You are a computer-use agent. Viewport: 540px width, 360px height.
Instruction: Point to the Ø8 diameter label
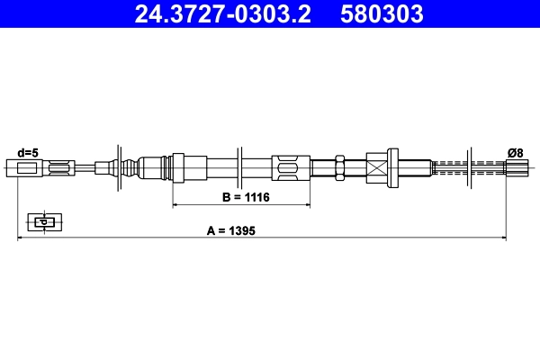coord(516,153)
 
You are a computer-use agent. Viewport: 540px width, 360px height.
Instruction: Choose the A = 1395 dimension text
coord(231,230)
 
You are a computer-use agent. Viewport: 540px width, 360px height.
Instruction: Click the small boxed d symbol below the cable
coord(41,220)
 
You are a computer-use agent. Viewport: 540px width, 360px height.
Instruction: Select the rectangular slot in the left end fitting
coord(60,166)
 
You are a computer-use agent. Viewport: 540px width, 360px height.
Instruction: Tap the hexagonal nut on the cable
coord(340,166)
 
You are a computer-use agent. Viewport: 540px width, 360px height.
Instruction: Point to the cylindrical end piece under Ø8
coord(516,166)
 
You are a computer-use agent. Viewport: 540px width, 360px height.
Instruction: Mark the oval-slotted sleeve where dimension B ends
coord(290,166)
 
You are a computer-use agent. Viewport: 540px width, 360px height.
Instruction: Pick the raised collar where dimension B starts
coord(177,166)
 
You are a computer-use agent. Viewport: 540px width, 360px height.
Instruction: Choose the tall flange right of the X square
coord(392,166)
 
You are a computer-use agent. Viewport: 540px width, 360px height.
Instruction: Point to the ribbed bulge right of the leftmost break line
coord(133,166)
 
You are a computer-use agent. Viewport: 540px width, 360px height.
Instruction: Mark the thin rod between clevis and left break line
coord(86,166)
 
